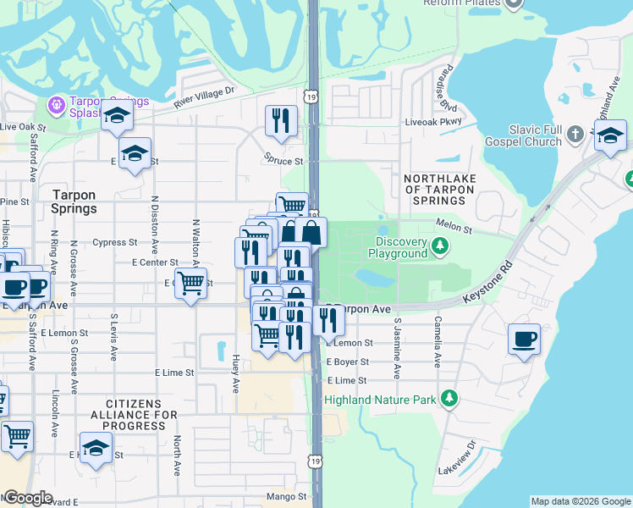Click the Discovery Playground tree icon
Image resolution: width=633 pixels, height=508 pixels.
click(x=439, y=246)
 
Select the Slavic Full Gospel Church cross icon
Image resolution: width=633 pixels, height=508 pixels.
click(x=575, y=134)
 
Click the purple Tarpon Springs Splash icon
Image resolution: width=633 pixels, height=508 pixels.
click(x=57, y=105)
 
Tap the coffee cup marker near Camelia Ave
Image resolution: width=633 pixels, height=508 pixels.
click(x=524, y=340)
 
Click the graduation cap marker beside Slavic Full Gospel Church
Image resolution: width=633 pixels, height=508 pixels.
click(x=610, y=135)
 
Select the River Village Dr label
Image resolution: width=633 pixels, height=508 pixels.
click(x=203, y=96)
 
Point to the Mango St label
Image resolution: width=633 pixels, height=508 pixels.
click(x=289, y=496)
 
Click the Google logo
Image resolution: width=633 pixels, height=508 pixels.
click(x=27, y=498)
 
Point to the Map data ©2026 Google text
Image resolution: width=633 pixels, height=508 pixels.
click(x=581, y=501)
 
